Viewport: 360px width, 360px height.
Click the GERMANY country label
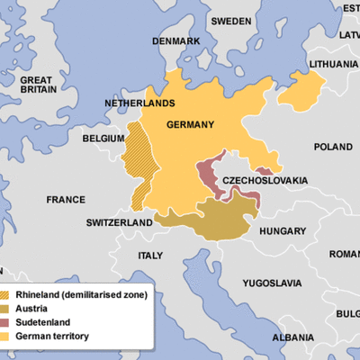tap(190, 125)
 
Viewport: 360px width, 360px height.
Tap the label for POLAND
tap(333, 147)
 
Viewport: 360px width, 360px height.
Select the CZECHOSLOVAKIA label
tap(260, 179)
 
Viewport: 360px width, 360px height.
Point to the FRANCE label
tap(66, 199)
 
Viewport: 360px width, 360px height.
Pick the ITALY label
tap(150, 256)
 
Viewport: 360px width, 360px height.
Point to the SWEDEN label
tap(231, 20)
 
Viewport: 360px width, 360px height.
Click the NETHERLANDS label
tap(139, 103)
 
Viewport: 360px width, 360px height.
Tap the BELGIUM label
tap(103, 140)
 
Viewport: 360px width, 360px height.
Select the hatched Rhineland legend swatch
tap(8, 295)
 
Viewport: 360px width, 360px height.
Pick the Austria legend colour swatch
tap(8, 309)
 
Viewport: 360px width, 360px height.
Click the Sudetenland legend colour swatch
tap(8, 322)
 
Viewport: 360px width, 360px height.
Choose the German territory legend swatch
tap(8, 336)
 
